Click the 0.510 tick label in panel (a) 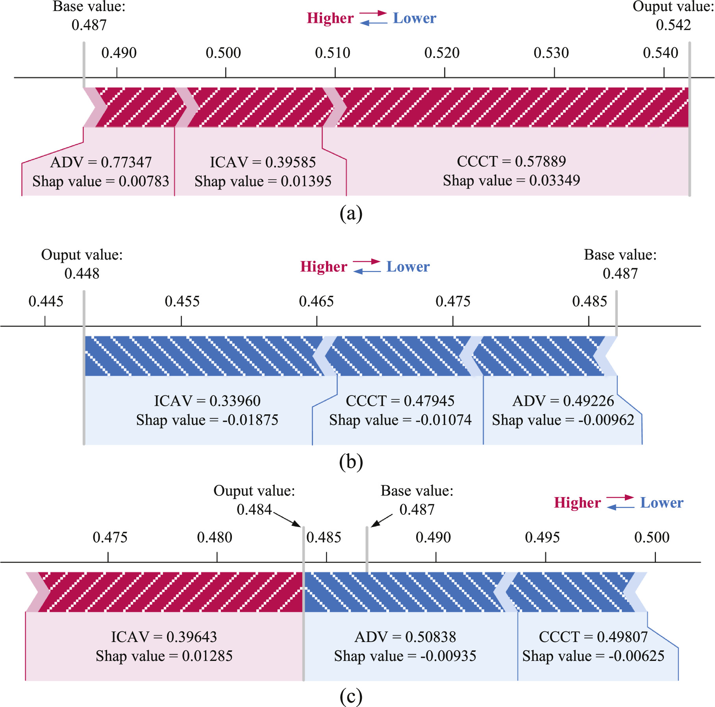pyautogui.click(x=333, y=53)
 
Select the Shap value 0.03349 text pyautogui.click(x=511, y=180)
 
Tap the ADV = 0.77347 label pyautogui.click(x=101, y=162)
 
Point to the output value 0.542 pyautogui.click(x=673, y=25)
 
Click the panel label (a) pyautogui.click(x=351, y=213)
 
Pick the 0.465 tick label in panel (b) pyautogui.click(x=316, y=301)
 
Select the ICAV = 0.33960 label pyautogui.click(x=207, y=401)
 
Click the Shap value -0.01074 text pyautogui.click(x=400, y=420)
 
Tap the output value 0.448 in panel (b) pyautogui.click(x=82, y=273)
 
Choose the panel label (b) pyautogui.click(x=351, y=462)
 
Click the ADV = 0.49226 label pyautogui.click(x=563, y=401)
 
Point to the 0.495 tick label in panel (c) pyautogui.click(x=542, y=537)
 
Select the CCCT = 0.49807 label pyautogui.click(x=593, y=636)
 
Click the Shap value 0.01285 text pyautogui.click(x=164, y=656)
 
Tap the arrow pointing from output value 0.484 pyautogui.click(x=287, y=519)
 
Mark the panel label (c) pyautogui.click(x=351, y=696)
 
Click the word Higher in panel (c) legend pyautogui.click(x=577, y=503)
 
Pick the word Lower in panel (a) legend pyautogui.click(x=415, y=18)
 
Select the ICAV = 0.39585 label pyautogui.click(x=263, y=162)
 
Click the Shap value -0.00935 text pyautogui.click(x=405, y=656)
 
